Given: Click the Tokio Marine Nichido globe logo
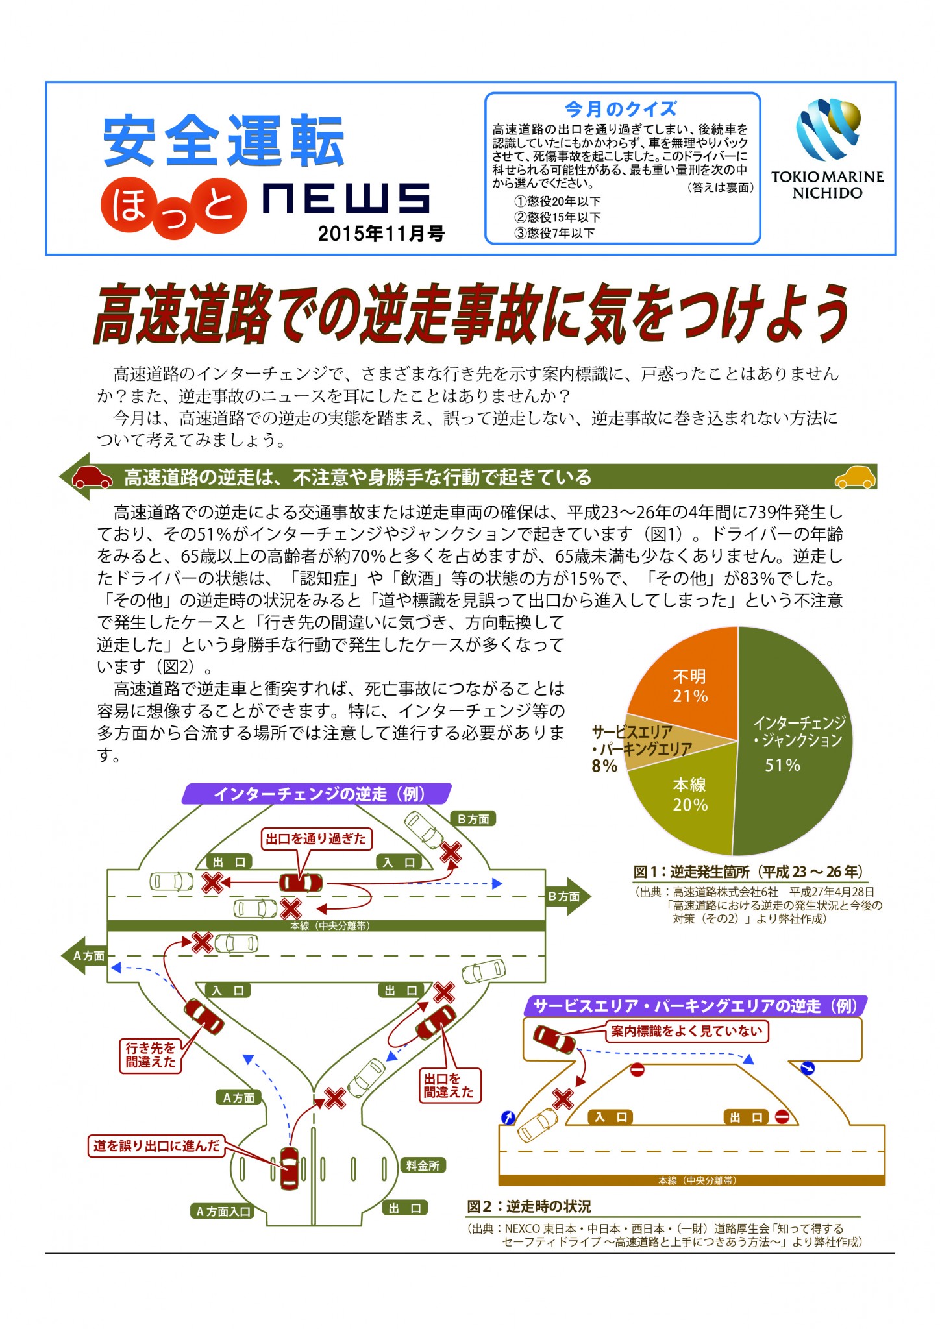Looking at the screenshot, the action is coord(828,129).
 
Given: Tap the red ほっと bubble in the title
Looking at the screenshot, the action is coord(173,206).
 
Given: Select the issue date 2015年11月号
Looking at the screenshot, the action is coord(381,233).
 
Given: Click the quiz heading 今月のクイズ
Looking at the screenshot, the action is coord(621,109).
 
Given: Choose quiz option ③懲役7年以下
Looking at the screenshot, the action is coord(555,233).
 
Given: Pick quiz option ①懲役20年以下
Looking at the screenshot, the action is coord(558,202).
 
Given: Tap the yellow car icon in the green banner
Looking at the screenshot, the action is coord(855,477).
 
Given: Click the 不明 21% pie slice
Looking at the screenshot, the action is coord(688,681).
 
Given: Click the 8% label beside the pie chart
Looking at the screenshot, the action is coord(604,766).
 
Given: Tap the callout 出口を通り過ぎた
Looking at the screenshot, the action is coord(316,839).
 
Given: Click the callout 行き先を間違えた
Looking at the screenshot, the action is coord(151,1055).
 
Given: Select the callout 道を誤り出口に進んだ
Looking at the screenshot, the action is coord(156,1146).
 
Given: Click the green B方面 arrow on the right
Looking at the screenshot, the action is coord(568,896).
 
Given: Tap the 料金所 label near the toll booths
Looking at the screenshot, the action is coord(423,1166).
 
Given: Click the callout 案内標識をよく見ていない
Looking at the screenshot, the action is coord(687,1031).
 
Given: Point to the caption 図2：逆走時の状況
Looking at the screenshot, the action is coord(529,1206).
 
